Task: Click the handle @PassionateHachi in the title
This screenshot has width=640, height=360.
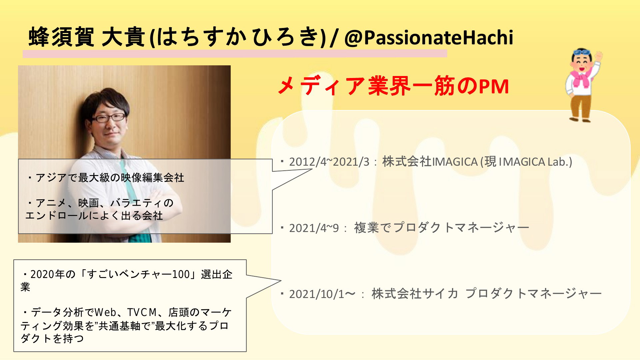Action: pyautogui.click(x=429, y=38)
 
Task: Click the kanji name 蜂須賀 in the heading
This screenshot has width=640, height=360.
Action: pyautogui.click(x=62, y=37)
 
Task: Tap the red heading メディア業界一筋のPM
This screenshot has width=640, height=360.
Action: pyautogui.click(x=393, y=86)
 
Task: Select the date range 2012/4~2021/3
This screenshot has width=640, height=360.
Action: pyautogui.click(x=329, y=162)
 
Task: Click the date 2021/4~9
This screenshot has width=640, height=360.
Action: pyautogui.click(x=314, y=228)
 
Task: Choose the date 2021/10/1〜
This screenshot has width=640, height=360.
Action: pyautogui.click(x=322, y=294)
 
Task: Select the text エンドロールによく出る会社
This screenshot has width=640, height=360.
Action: pyautogui.click(x=94, y=216)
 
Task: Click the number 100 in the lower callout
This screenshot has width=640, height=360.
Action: pyautogui.click(x=181, y=274)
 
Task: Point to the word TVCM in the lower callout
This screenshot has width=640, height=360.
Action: pyautogui.click(x=142, y=312)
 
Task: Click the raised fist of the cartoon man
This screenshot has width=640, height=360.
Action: pyautogui.click(x=599, y=55)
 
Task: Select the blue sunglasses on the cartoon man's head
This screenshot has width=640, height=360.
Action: pyautogui.click(x=582, y=52)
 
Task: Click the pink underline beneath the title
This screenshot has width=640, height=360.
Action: pyautogui.click(x=235, y=54)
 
